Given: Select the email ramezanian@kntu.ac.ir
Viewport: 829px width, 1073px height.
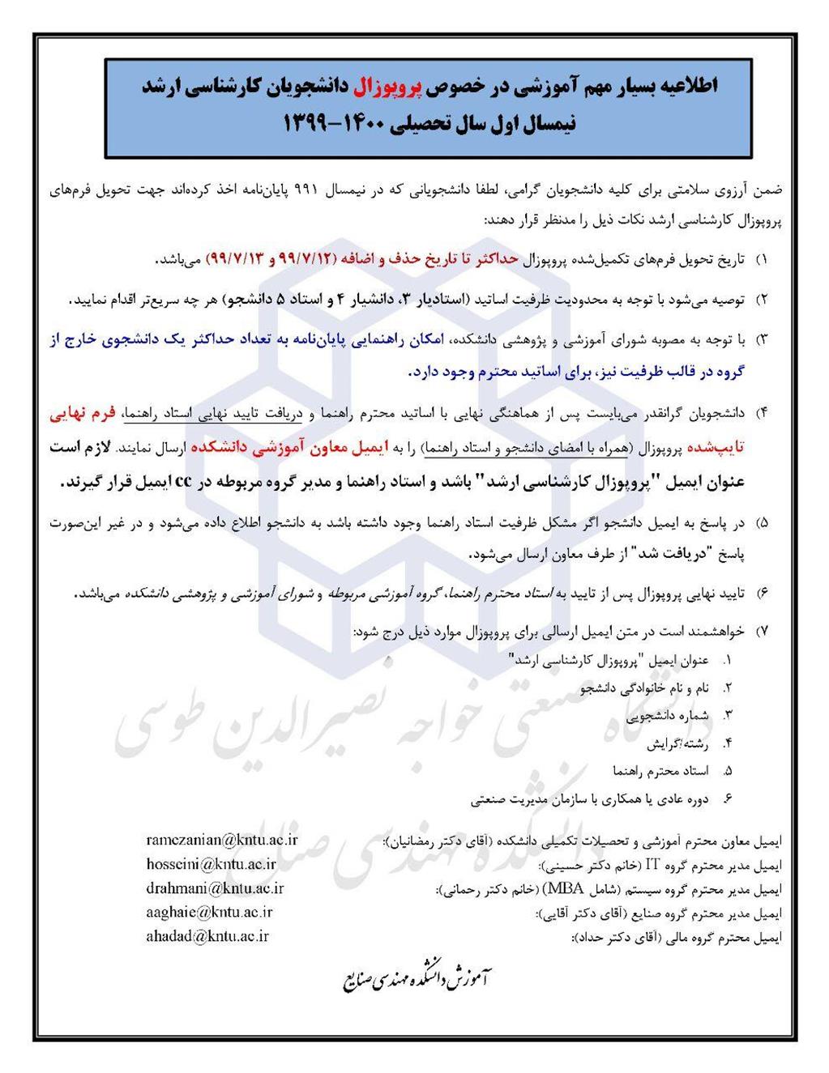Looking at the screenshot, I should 222,840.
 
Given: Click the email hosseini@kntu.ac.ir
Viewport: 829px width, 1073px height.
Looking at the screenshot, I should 211,864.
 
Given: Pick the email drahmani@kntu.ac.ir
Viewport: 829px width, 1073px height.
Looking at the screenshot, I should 215,888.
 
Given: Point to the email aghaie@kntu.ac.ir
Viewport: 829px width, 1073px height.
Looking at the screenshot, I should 209,912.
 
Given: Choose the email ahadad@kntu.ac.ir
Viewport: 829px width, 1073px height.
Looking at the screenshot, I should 207,936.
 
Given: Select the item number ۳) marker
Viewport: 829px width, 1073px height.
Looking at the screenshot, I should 761,340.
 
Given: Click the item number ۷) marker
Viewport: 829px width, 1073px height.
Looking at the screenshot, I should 761,631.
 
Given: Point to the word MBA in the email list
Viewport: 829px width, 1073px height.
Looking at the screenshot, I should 566,888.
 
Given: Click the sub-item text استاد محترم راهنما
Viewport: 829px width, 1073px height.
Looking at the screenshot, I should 660,771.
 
